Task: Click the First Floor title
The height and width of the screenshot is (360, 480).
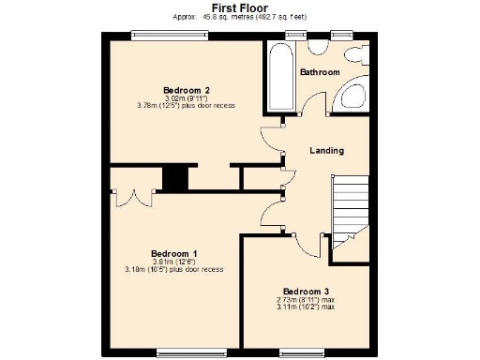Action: [240, 7]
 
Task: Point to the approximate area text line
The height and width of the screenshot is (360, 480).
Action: [240, 17]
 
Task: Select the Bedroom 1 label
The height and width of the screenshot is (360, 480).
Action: [174, 254]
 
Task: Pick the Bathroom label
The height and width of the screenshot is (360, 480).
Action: [319, 72]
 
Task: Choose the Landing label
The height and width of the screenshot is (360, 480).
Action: [326, 151]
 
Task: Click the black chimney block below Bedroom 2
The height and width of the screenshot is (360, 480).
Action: [174, 177]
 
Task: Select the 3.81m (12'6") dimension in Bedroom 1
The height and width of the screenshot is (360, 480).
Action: [174, 262]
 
